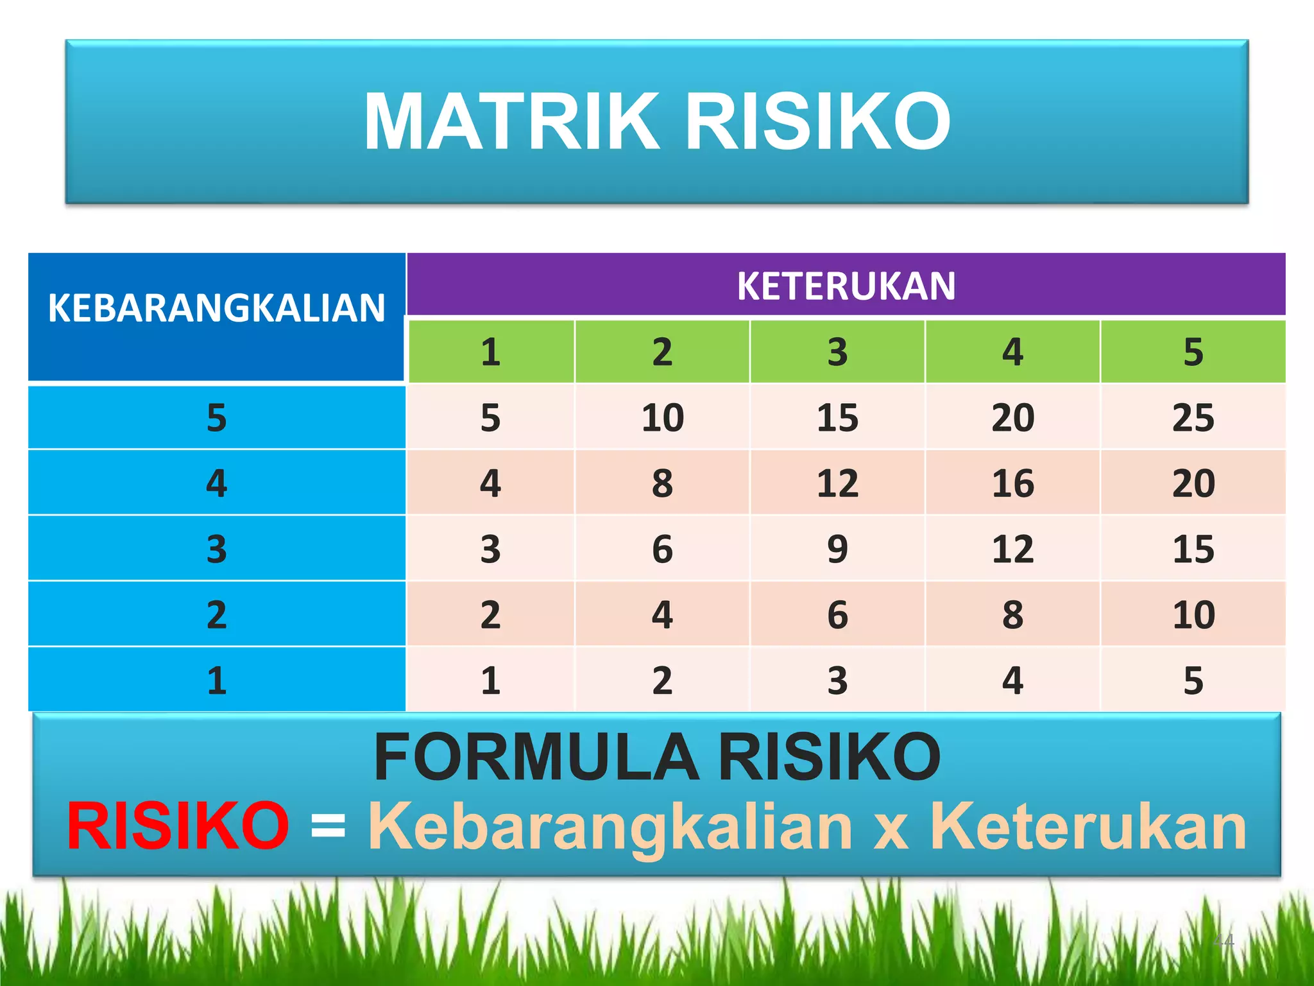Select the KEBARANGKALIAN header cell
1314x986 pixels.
coord(217,308)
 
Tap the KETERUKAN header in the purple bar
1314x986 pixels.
coord(846,286)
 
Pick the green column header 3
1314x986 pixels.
coord(837,352)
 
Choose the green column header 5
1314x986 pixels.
coord(1193,352)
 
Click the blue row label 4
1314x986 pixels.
coord(217,483)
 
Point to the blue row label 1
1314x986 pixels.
coord(217,680)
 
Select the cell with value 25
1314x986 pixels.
coord(1193,418)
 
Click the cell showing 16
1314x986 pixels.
coord(1012,483)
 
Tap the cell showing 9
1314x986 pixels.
coord(837,549)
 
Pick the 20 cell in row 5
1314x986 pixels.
coord(1012,418)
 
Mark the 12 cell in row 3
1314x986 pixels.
coord(1012,549)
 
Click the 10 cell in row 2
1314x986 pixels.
coord(1193,615)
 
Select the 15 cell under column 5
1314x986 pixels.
coord(1193,549)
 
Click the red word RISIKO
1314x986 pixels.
coord(178,827)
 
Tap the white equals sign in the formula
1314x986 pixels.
coord(328,827)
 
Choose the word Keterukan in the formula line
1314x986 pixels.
coord(1087,827)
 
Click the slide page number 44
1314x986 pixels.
coord(1224,941)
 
